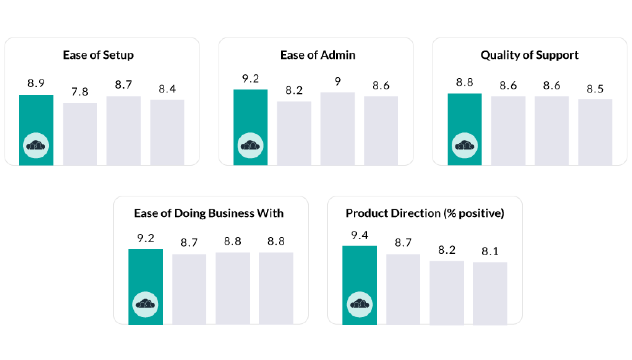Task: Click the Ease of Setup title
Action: (x=98, y=55)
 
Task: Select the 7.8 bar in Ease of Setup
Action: (x=80, y=134)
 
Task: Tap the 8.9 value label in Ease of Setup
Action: (x=36, y=83)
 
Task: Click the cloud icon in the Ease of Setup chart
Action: (x=36, y=145)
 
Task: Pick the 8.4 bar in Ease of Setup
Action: (x=167, y=132)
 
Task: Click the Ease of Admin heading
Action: (x=318, y=55)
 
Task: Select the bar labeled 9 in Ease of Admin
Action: (x=337, y=128)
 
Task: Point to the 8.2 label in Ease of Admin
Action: (x=294, y=90)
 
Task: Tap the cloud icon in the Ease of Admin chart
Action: (x=250, y=145)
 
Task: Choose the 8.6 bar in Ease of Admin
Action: (x=381, y=131)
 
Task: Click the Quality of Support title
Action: (x=529, y=55)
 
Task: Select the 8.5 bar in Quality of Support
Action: (x=595, y=132)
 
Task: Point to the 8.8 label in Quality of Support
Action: (x=465, y=82)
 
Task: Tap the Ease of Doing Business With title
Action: (x=209, y=213)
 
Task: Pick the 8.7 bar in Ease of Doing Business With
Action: (x=189, y=289)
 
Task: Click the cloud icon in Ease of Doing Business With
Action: (x=145, y=304)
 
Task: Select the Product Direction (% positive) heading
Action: (x=425, y=213)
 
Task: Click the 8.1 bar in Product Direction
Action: (x=490, y=293)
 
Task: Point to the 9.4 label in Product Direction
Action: (x=360, y=235)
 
